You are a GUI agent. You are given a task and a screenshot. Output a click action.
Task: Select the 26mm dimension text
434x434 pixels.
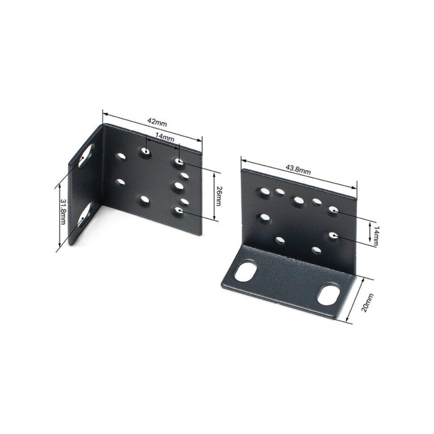pyautogui.click(x=219, y=196)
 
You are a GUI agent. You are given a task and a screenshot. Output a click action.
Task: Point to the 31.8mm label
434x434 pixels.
pyautogui.click(x=63, y=212)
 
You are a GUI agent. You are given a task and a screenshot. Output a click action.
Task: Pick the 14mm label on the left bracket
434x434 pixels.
pyautogui.click(x=164, y=138)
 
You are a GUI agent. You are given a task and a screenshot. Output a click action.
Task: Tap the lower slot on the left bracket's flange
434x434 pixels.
pyautogui.click(x=84, y=216)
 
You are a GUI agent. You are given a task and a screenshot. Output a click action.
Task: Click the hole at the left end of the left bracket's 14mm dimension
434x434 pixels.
pyautogui.click(x=145, y=152)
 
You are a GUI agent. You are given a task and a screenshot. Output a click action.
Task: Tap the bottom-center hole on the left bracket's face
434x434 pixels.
pyautogui.click(x=144, y=201)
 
